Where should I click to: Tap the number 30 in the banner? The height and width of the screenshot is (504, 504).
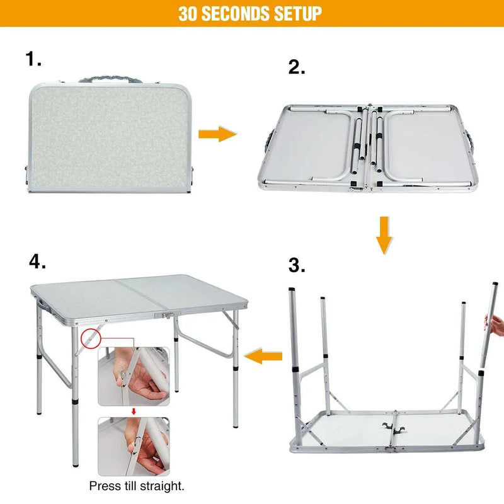click(188, 13)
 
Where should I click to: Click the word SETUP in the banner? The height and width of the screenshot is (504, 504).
click(298, 13)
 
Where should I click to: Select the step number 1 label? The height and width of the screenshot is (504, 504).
click(33, 59)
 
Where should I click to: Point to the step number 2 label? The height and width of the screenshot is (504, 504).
click(296, 67)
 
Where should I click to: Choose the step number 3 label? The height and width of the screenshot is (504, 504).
click(296, 265)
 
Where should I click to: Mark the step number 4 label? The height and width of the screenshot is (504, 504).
click(37, 261)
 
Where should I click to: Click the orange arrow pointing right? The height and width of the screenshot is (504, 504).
click(217, 134)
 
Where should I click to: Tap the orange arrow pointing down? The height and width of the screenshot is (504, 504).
click(384, 235)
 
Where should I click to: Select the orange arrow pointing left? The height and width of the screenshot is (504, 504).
click(263, 356)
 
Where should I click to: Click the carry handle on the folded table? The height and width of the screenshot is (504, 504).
click(110, 79)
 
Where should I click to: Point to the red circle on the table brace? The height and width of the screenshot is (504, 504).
click(91, 338)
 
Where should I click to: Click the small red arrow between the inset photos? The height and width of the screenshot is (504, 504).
click(134, 411)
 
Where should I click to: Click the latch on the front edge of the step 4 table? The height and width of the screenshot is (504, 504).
click(167, 316)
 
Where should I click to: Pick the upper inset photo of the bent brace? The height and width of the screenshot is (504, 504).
click(134, 376)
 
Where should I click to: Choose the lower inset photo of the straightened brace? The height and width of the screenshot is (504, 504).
click(134, 447)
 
